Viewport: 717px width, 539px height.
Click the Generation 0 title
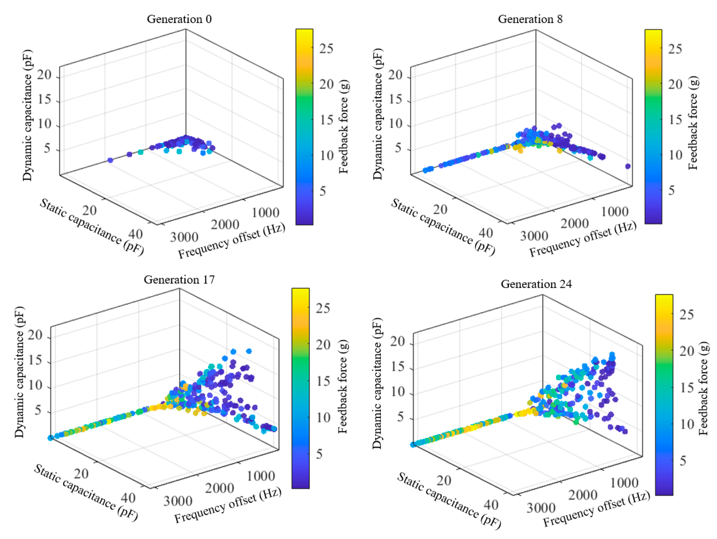pos(179,19)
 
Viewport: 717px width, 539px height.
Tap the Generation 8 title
pos(530,19)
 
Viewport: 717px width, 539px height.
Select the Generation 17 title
pos(179,279)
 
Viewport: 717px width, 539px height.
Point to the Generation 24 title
pos(536,284)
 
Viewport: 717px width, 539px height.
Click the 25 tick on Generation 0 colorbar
pos(326,49)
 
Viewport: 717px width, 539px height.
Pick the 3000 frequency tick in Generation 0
pos(184,237)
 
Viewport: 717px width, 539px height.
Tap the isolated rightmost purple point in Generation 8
pos(628,166)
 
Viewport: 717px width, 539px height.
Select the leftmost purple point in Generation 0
pos(110,160)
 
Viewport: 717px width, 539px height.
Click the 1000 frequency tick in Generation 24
pos(624,483)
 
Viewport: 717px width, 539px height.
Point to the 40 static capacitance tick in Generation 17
pos(128,498)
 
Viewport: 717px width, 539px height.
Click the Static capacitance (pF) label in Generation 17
pos(86,493)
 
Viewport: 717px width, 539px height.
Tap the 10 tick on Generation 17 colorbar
pos(323,417)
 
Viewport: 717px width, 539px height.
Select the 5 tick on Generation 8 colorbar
pos(671,190)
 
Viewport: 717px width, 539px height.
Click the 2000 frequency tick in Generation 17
pos(219,488)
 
